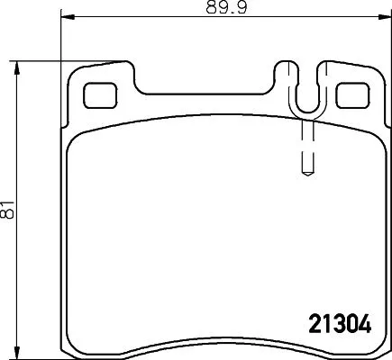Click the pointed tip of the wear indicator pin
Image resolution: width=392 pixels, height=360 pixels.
tap(305, 175)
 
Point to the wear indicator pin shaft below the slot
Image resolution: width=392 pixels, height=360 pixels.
tap(305, 144)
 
